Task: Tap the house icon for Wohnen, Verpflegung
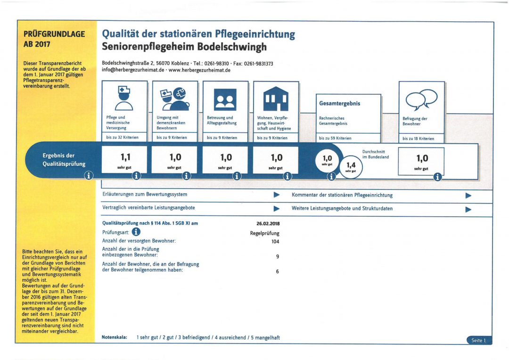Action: pyautogui.click(x=276, y=98)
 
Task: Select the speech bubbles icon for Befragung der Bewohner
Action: pyautogui.click(x=421, y=99)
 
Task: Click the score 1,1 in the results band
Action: pyautogui.click(x=125, y=157)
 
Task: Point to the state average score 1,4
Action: pyautogui.click(x=351, y=165)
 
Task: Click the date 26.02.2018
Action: pyautogui.click(x=268, y=224)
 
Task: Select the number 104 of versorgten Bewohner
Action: pyautogui.click(x=275, y=242)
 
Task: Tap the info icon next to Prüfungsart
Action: pyautogui.click(x=136, y=232)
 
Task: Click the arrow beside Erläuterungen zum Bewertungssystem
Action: pyautogui.click(x=277, y=195)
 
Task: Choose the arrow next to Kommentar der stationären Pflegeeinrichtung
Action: pyautogui.click(x=468, y=196)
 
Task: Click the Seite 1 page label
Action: pyautogui.click(x=479, y=340)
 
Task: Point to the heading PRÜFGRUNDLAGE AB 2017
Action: pyautogui.click(x=54, y=39)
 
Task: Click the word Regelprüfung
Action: pyautogui.click(x=264, y=233)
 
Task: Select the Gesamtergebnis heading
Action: pyautogui.click(x=339, y=104)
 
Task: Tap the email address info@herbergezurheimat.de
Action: pyautogui.click(x=133, y=70)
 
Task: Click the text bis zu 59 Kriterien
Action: pyautogui.click(x=335, y=138)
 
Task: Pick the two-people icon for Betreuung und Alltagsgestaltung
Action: pyautogui.click(x=225, y=99)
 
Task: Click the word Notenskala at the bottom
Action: pyautogui.click(x=114, y=337)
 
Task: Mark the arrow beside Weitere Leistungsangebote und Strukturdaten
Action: pyautogui.click(x=468, y=209)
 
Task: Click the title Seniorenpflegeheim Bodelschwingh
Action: pyautogui.click(x=184, y=47)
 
